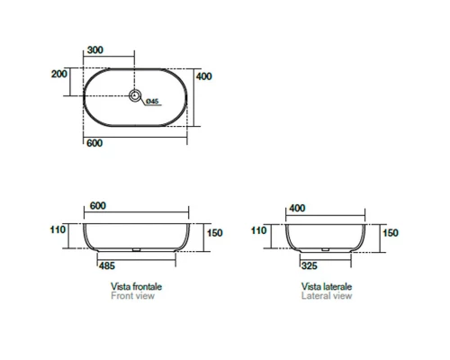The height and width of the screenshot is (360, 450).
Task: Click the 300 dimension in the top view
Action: tap(95, 49)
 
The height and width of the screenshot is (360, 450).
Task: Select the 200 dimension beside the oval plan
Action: tap(59, 74)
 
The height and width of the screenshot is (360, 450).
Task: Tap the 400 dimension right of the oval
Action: tap(204, 76)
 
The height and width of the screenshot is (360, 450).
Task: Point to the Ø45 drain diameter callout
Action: tap(152, 102)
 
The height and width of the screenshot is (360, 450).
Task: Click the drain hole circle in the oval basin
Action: tap(135, 95)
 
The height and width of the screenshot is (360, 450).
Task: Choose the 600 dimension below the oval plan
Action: tap(94, 143)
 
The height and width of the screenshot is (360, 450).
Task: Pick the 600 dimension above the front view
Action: tap(98, 206)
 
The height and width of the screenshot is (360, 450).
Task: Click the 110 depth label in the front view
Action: tap(58, 229)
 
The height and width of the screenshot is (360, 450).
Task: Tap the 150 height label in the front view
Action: tap(215, 233)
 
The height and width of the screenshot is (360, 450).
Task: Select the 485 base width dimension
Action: tap(107, 265)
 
